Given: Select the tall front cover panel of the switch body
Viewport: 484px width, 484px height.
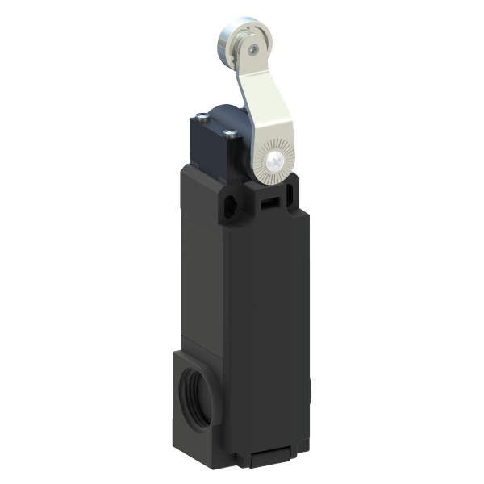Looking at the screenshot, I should click(x=266, y=323).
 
